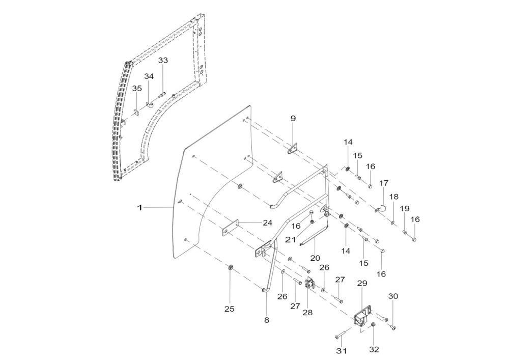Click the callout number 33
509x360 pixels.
[x=163, y=61]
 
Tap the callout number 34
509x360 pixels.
[x=149, y=76]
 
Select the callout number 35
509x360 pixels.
[x=137, y=88]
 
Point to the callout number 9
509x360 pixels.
[x=293, y=119]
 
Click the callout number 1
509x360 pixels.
[x=140, y=207]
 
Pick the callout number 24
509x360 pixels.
[x=268, y=223]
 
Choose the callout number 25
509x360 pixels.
[x=230, y=309]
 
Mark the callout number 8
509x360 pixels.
[x=267, y=320]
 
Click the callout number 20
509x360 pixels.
[x=315, y=258]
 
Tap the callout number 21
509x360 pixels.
[x=290, y=239]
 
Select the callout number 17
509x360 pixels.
[x=384, y=183]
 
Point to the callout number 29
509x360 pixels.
[x=362, y=283]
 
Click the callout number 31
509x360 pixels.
[x=342, y=351]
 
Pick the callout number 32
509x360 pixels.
[x=374, y=349]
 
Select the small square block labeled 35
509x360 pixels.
[x=136, y=113]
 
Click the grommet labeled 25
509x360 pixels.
[x=230, y=268]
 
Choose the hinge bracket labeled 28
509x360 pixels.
[x=309, y=284]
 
